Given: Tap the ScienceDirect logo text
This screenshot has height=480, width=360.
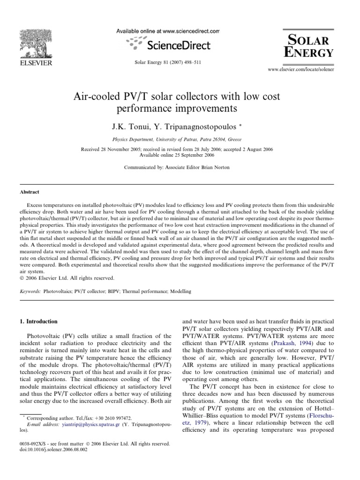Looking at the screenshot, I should coord(173,45).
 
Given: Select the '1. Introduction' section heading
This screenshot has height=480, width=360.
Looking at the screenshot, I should coord(39,322).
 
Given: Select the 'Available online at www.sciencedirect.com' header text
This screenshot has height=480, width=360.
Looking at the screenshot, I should coord(167,31).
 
